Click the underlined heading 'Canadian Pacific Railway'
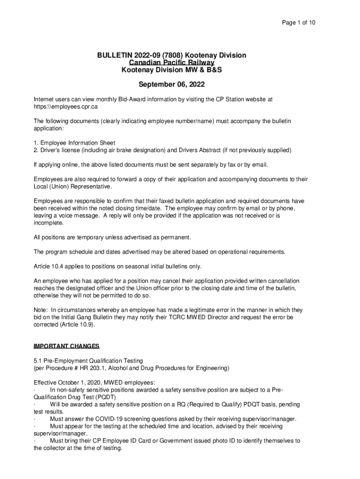click(172, 63)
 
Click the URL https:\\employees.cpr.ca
click(65, 107)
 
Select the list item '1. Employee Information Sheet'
click(74, 143)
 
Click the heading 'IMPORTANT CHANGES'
click(66, 347)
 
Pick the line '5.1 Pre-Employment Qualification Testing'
click(88, 361)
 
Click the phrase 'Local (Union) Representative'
click(72, 187)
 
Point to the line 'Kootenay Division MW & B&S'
click(172, 70)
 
